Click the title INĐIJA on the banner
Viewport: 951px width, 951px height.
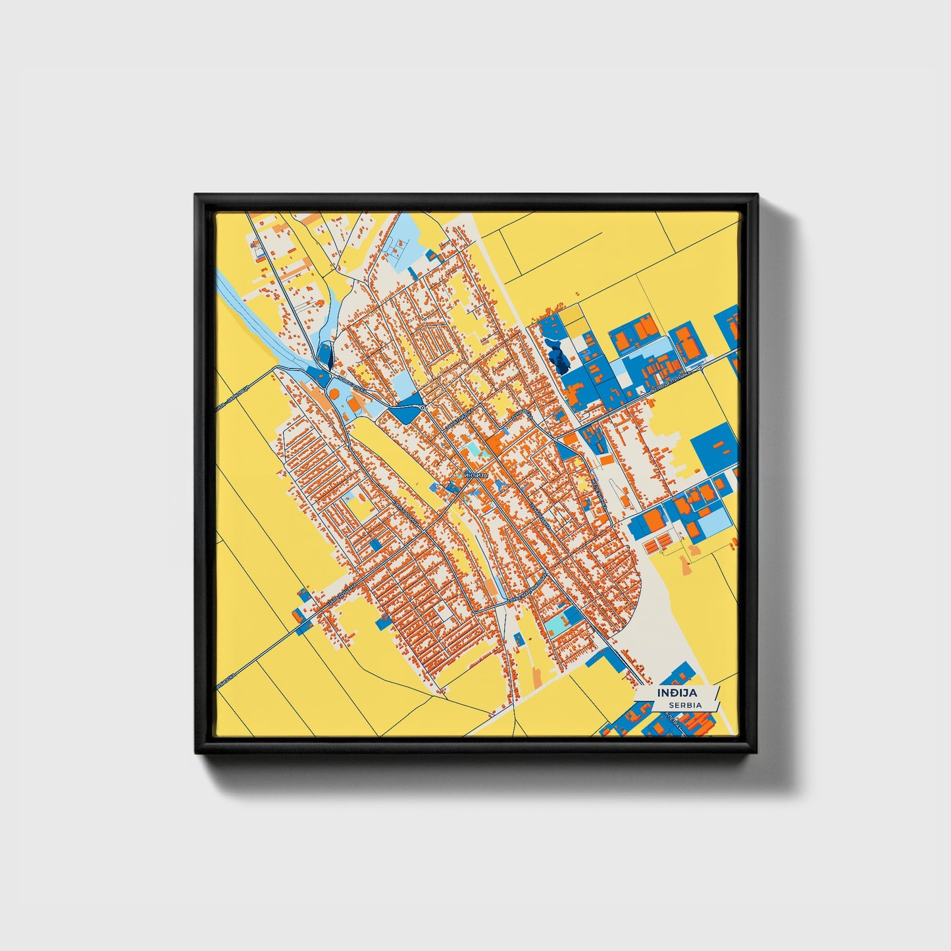677,693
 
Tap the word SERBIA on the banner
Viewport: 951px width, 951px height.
682,705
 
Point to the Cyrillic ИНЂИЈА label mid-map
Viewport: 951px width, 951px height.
475,475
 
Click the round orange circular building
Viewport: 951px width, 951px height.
334,394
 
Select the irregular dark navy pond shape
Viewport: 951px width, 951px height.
559,358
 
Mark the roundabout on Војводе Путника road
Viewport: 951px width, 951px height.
701,369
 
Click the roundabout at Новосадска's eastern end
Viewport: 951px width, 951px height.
422,409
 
